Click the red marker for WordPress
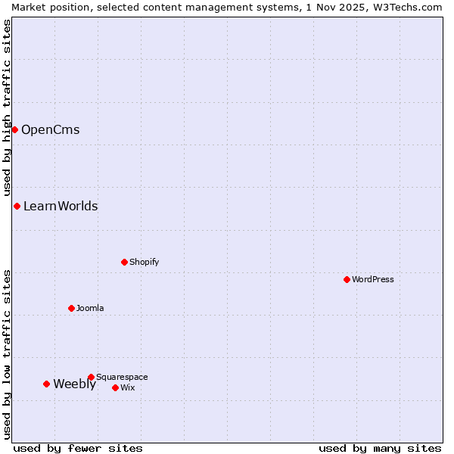347,279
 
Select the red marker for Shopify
125,262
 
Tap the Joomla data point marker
72,308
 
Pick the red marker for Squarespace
91,377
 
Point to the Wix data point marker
115,387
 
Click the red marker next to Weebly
46,384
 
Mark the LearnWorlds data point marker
17,206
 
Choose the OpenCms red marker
14,129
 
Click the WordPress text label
373,279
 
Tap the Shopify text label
144,262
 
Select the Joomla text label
90,308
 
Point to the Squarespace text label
122,377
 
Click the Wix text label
128,387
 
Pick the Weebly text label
74,384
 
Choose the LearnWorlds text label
61,206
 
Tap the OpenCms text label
50,129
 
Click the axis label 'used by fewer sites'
78,448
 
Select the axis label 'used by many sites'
380,448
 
